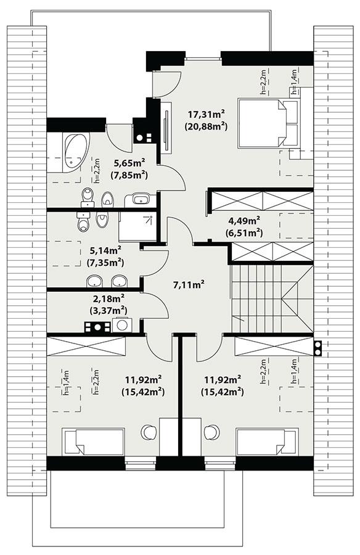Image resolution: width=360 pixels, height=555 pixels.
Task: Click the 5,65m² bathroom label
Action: (128, 163)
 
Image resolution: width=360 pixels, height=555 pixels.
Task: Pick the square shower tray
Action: (137, 225)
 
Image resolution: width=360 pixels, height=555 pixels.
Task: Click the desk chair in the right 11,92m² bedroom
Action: (211, 432)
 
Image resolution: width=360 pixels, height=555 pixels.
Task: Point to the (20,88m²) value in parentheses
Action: (206, 126)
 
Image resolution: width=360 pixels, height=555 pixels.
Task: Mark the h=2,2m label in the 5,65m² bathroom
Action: (97, 171)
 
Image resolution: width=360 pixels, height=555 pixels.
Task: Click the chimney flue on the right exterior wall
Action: (317, 349)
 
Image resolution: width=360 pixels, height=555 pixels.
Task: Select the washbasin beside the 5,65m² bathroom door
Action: (140, 199)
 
